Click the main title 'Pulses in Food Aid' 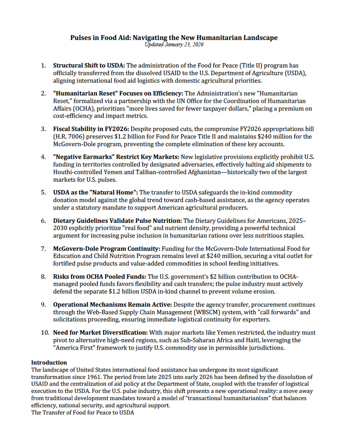tap(174, 38)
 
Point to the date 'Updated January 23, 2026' tap(174, 45)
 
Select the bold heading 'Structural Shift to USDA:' tap(89, 65)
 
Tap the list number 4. tap(44, 157)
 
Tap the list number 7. tap(44, 248)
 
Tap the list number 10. tap(45, 333)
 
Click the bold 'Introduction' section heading tap(49, 363)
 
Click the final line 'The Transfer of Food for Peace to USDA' tap(83, 413)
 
